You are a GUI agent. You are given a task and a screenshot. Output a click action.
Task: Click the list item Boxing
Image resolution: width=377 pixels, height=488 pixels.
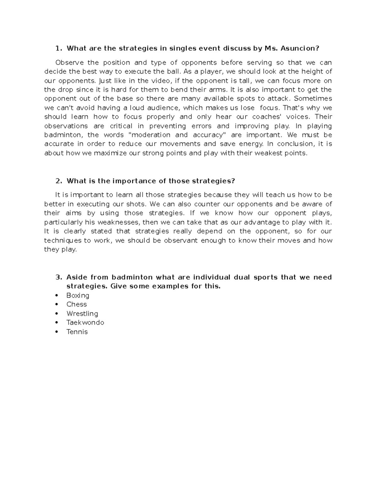tap(78, 295)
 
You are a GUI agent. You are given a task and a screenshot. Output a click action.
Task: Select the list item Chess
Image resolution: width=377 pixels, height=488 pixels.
tap(76, 304)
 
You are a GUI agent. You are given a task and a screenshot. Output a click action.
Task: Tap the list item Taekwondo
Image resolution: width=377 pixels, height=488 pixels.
tap(85, 322)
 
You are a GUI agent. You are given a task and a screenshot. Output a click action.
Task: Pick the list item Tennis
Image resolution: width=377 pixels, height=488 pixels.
tap(77, 332)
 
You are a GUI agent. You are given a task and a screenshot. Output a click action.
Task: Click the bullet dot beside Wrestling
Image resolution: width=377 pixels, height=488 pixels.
tap(57, 313)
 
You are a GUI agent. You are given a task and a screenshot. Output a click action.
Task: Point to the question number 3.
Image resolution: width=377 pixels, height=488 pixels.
tap(58, 277)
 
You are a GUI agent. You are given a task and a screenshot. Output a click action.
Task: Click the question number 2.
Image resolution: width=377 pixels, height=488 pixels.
tap(58, 181)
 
